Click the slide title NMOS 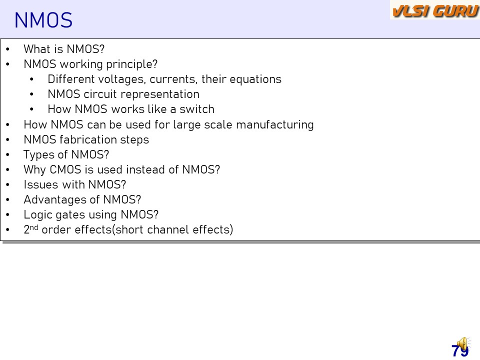tap(43, 20)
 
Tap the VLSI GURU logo tap(435, 11)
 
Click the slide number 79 tap(460, 351)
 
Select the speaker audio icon tap(463, 344)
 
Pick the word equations tap(255, 79)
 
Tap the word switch tap(197, 109)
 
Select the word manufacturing tap(275, 125)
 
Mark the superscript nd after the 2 tap(34, 227)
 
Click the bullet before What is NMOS tap(7, 49)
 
